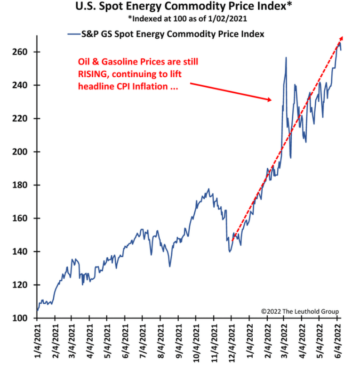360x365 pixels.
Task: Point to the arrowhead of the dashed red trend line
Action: (x=342, y=38)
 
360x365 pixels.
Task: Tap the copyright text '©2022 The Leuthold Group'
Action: (x=300, y=311)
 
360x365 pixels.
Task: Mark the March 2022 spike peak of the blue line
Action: (x=286, y=57)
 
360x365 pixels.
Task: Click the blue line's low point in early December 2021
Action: (x=229, y=251)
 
